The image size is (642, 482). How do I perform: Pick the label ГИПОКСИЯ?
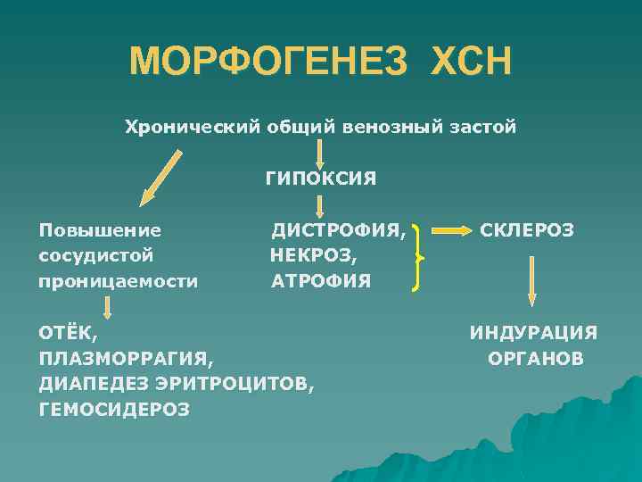click(x=320, y=179)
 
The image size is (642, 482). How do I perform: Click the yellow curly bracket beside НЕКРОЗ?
click(x=417, y=258)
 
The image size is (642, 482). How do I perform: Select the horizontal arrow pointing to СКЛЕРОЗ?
click(x=450, y=231)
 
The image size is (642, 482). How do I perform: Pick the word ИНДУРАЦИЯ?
click(x=533, y=333)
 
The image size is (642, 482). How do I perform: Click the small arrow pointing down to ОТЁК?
click(x=107, y=308)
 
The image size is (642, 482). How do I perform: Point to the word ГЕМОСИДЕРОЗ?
click(x=114, y=409)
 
